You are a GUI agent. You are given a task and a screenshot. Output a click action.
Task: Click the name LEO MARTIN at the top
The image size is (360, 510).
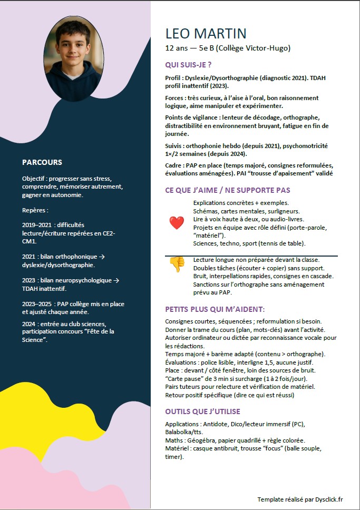[x=206, y=33]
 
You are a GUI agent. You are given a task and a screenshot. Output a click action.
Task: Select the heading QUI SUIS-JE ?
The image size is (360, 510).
[x=188, y=65]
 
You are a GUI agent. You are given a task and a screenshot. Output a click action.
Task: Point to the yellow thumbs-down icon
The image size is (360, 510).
[x=177, y=264]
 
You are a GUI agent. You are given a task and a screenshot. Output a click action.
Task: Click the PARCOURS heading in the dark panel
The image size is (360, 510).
[x=42, y=162]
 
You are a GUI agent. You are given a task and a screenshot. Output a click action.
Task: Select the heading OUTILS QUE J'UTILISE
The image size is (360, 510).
[x=202, y=411]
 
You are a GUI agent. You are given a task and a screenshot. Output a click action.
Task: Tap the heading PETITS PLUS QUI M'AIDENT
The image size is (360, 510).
[x=215, y=309]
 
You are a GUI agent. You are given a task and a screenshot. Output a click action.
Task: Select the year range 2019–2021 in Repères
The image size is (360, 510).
[x=36, y=224]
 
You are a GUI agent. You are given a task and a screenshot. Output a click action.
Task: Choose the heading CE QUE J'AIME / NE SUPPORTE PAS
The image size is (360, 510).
[x=228, y=190]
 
